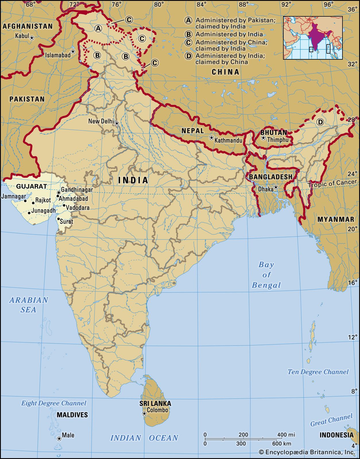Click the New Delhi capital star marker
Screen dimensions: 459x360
click(x=117, y=124)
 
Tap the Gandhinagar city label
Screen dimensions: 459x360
click(x=77, y=190)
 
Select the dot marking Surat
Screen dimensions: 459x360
click(x=58, y=219)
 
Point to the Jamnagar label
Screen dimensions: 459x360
click(x=13, y=197)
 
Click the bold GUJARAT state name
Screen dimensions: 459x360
click(x=31, y=186)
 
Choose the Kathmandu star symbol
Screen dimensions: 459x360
click(x=212, y=138)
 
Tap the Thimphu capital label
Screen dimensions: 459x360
click(x=278, y=140)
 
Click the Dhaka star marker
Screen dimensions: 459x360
click(x=276, y=187)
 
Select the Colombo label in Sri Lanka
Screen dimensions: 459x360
click(x=157, y=410)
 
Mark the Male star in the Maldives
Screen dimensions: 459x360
click(x=59, y=439)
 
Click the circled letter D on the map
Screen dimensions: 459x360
click(x=320, y=122)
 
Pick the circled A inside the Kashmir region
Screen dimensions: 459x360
click(x=98, y=28)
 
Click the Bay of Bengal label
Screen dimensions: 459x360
click(x=266, y=275)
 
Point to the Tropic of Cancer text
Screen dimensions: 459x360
click(x=332, y=183)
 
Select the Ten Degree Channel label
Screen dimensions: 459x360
click(x=318, y=372)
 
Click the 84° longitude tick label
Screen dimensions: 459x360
click(x=202, y=4)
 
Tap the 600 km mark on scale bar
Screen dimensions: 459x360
click(x=282, y=444)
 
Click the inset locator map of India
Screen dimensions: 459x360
click(x=313, y=38)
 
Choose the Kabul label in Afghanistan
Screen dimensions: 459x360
click(x=22, y=36)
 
